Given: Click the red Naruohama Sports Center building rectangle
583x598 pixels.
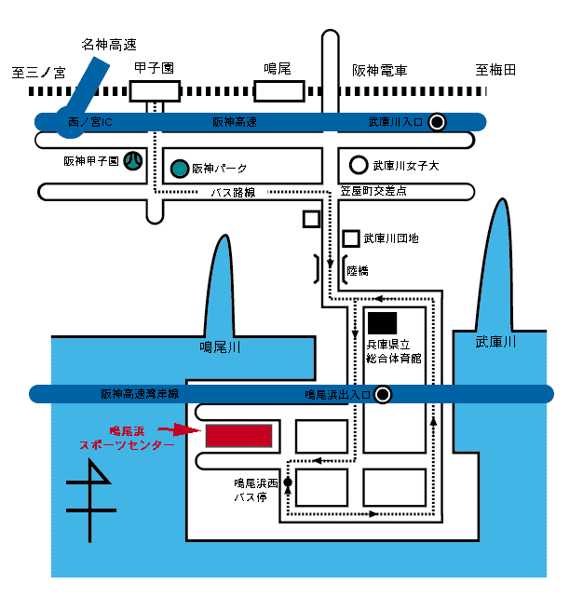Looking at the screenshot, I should pyautogui.click(x=238, y=435).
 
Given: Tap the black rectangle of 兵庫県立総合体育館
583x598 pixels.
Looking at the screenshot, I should pyautogui.click(x=382, y=323).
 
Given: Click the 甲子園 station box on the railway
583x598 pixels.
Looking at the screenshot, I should pyautogui.click(x=154, y=90).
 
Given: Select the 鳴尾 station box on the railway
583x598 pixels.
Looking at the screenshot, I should pyautogui.click(x=279, y=90).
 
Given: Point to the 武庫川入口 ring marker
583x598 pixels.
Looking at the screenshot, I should pyautogui.click(x=437, y=121).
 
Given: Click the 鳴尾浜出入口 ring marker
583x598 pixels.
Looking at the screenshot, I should pyautogui.click(x=382, y=394).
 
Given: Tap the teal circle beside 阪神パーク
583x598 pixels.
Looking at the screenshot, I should pyautogui.click(x=179, y=169).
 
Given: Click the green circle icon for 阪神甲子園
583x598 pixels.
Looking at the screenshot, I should pyautogui.click(x=134, y=161).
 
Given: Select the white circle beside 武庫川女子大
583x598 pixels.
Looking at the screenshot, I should pyautogui.click(x=358, y=166).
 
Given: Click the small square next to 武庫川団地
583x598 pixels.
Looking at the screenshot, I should pyautogui.click(x=351, y=238).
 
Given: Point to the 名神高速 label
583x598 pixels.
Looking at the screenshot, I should pyautogui.click(x=108, y=44).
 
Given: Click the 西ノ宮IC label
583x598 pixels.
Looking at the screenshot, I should pyautogui.click(x=90, y=122).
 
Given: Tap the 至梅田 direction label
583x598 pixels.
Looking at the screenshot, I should pyautogui.click(x=495, y=70).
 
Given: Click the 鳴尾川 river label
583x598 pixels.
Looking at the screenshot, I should pyautogui.click(x=221, y=347).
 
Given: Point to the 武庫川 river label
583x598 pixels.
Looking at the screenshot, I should pyautogui.click(x=495, y=342).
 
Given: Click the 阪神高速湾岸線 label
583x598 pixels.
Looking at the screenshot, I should pyautogui.click(x=139, y=394).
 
